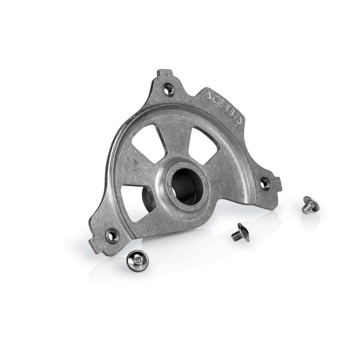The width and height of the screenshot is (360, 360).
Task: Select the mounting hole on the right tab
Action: click(x=265, y=183)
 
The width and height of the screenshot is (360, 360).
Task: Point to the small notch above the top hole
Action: click(x=160, y=71)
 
